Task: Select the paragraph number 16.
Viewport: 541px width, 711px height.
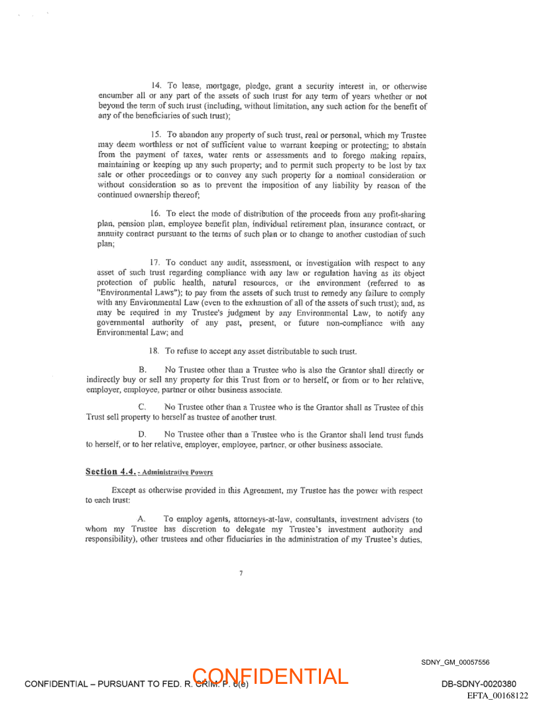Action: (x=156, y=213)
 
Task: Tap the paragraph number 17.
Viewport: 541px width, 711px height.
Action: (x=156, y=263)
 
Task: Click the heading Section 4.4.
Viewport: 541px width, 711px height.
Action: (x=111, y=472)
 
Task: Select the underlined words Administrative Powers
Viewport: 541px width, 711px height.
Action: (x=176, y=472)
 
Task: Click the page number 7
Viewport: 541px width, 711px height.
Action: (x=241, y=573)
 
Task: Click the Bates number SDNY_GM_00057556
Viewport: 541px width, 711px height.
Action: (x=455, y=662)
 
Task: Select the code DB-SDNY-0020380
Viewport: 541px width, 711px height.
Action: (x=479, y=684)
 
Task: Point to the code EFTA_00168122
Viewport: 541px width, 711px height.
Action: (x=497, y=695)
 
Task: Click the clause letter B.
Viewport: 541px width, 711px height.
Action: (x=142, y=370)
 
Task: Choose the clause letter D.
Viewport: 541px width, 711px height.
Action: (x=142, y=435)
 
